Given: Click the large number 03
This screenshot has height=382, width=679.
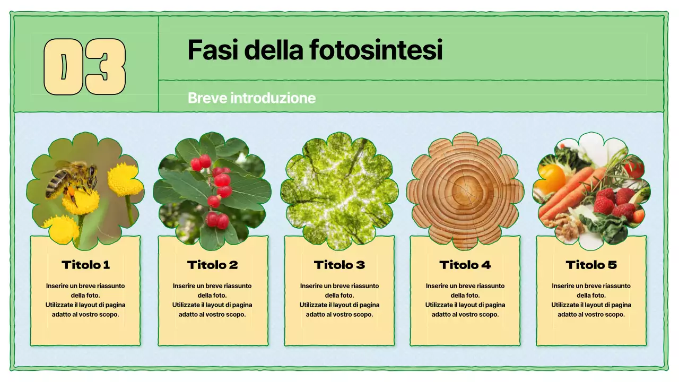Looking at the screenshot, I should pyautogui.click(x=84, y=67).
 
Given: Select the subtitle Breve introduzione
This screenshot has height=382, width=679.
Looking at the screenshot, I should pyautogui.click(x=251, y=98).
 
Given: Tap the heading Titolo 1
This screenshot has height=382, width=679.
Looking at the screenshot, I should pyautogui.click(x=85, y=265).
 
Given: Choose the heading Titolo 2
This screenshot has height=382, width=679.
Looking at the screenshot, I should pyautogui.click(x=212, y=265).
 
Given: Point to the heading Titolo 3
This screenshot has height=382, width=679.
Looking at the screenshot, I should pyautogui.click(x=339, y=265).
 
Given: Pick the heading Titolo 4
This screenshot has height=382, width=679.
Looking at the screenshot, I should pyautogui.click(x=465, y=265).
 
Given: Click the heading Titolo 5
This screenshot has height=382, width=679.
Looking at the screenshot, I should pyautogui.click(x=591, y=265).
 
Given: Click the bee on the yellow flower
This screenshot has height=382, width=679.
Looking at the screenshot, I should pyautogui.click(x=72, y=179).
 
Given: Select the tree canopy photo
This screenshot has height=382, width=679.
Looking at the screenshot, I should pyautogui.click(x=339, y=191).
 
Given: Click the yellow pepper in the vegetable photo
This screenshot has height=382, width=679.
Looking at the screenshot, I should pyautogui.click(x=552, y=178).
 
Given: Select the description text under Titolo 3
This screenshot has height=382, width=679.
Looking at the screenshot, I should pyautogui.click(x=339, y=300).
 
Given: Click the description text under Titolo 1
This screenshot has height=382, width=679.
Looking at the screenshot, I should pyautogui.click(x=85, y=300).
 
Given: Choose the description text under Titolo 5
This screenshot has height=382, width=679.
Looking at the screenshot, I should pyautogui.click(x=591, y=300).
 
